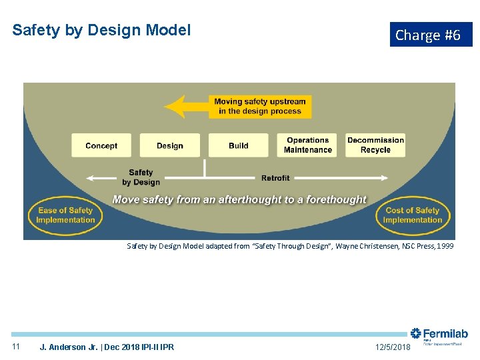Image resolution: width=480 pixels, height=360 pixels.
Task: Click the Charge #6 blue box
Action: point(431,35)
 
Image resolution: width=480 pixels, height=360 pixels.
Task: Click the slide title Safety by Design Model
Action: point(101,30)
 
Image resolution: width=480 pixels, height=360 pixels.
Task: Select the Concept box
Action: point(101,145)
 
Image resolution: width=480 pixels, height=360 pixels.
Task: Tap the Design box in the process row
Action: point(169,145)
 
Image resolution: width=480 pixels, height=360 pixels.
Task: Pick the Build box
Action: point(238,145)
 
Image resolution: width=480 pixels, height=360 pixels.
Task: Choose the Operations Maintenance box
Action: point(307,145)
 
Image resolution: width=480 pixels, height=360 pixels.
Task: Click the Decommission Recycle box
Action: point(375,145)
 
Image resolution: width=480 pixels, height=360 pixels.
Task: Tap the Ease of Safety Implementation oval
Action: point(65,215)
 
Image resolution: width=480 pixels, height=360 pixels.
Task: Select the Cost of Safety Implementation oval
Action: point(413,215)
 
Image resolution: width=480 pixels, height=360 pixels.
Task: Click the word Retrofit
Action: point(275,178)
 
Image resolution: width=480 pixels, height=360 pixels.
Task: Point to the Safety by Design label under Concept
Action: point(141,177)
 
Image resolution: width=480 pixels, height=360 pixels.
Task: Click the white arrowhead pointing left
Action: point(90,178)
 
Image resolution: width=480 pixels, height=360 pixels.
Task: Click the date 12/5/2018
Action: point(392,347)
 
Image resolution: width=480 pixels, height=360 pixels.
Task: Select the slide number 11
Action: point(17,347)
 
